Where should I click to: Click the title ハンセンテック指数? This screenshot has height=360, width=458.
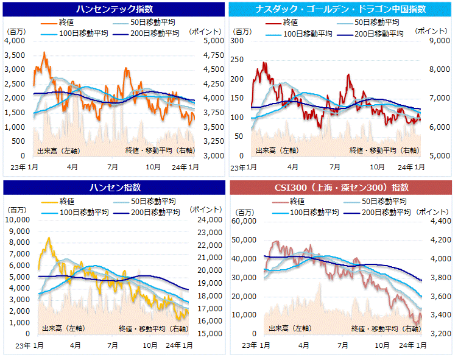click(x=114, y=9)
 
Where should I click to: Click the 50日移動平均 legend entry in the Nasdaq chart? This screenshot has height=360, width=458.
click(x=381, y=23)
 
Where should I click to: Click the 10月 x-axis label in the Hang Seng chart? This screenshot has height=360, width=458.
click(x=150, y=345)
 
